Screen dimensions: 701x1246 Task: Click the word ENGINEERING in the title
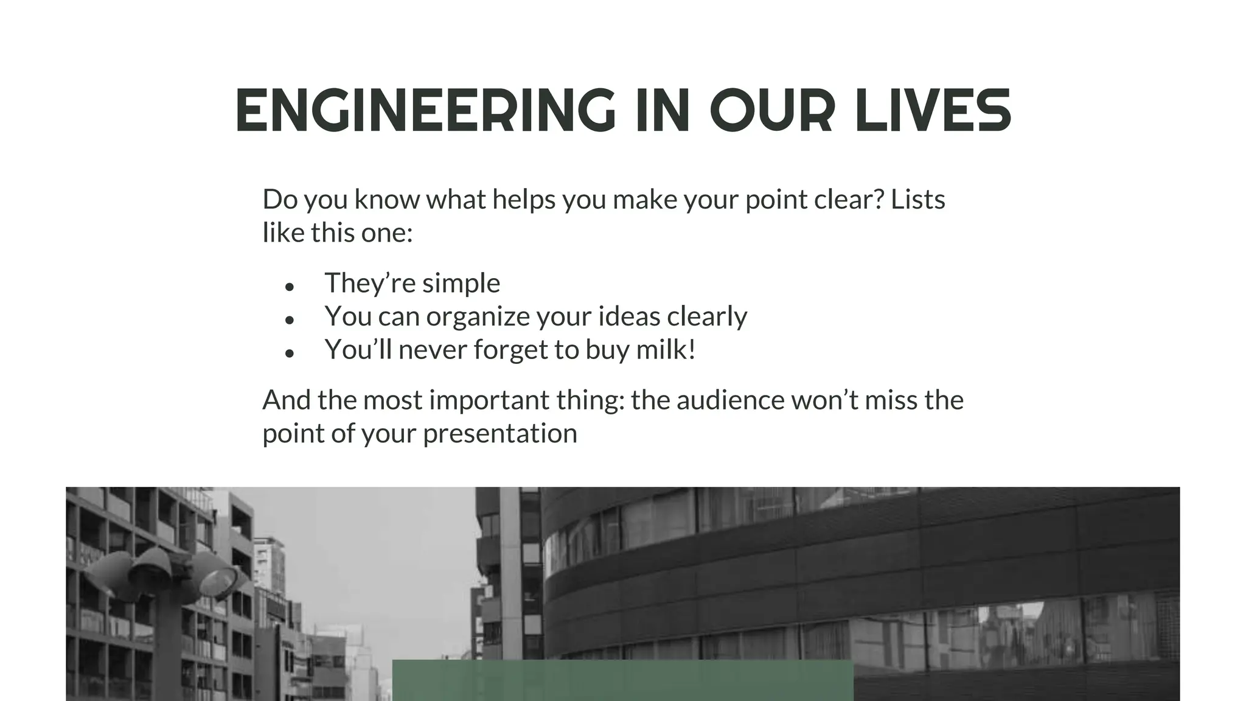[425, 111]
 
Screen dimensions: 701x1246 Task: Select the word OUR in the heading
[771, 111]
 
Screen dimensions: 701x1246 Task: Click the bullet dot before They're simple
[290, 286]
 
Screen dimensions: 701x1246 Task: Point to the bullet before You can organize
[290, 319]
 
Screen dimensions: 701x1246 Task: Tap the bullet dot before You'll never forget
[290, 353]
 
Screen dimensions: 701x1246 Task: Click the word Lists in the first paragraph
[917, 200]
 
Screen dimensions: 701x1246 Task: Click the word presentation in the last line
[500, 434]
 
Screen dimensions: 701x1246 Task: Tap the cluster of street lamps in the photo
[164, 572]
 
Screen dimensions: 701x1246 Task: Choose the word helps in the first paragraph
[524, 200]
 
